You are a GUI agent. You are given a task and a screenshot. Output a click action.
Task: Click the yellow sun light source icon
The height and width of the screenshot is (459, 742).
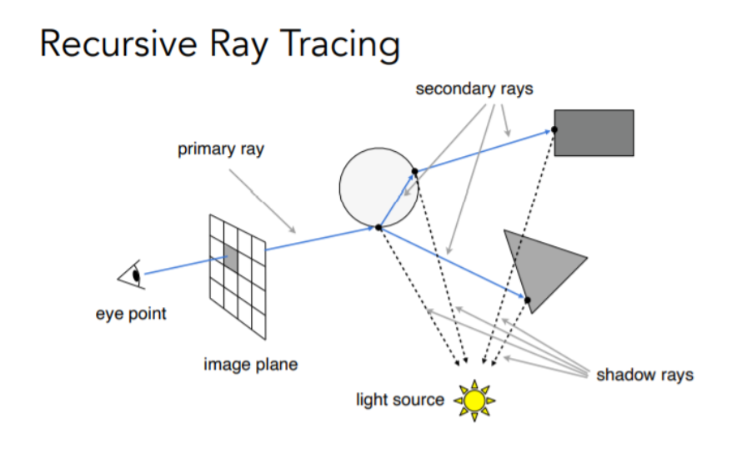474,401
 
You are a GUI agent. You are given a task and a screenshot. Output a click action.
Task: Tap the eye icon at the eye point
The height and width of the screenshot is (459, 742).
133,275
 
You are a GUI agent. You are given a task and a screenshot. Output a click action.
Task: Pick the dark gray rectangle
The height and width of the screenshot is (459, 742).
594,133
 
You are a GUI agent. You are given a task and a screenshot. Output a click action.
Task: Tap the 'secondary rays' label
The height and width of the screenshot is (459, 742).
474,88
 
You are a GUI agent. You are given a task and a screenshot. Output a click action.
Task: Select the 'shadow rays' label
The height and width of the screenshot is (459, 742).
644,375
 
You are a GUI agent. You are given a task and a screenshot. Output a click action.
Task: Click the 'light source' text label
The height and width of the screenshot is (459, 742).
400,400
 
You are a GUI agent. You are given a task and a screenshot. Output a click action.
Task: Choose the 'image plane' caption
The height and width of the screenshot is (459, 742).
250,365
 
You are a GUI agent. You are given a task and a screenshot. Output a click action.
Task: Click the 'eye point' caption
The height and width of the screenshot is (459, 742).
130,314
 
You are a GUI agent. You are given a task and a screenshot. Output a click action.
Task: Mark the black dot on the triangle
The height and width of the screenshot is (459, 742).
527,299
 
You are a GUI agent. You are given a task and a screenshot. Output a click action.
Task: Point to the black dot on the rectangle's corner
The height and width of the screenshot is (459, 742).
554,130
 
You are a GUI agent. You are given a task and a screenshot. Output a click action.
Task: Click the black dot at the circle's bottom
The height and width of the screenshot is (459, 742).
379,227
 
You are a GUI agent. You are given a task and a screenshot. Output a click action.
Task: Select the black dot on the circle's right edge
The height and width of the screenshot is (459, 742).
414,171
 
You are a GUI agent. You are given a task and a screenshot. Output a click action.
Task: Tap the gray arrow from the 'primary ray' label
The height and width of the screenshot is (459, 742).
263,199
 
